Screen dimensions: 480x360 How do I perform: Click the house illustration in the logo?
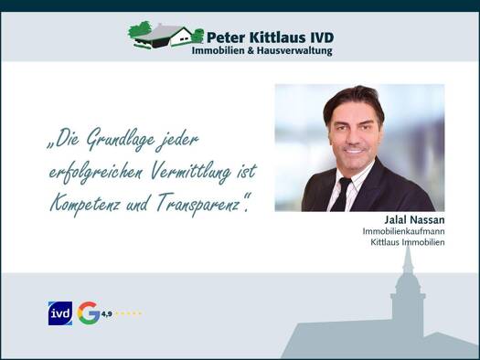click(165, 35)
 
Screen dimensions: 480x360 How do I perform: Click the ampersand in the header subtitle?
click(251, 51)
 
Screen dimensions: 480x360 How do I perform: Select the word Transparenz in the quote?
click(197, 205)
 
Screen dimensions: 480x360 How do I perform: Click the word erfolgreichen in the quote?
click(95, 173)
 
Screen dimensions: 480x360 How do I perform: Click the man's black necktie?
click(342, 195)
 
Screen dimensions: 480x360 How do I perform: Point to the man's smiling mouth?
click(354, 151)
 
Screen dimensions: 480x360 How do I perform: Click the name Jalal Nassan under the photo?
click(414, 219)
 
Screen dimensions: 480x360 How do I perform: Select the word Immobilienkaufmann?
click(403, 231)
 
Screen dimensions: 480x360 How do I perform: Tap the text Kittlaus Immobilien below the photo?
click(408, 242)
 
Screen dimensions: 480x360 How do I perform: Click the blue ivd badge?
click(60, 313)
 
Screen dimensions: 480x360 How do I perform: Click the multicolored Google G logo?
click(88, 312)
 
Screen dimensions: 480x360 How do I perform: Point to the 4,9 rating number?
click(107, 313)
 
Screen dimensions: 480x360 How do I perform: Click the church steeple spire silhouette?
click(408, 260)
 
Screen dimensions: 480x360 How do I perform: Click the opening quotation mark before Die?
click(49, 145)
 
